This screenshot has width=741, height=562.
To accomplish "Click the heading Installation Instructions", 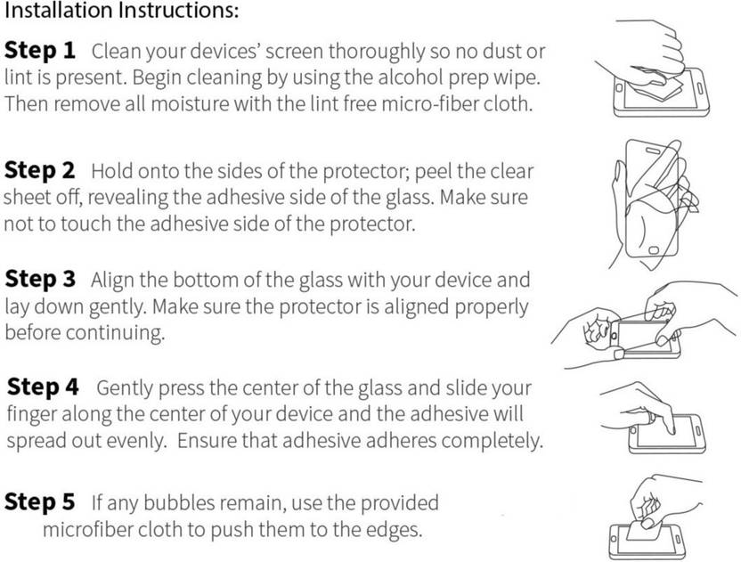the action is click(121, 11).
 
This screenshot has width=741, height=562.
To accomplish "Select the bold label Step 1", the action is click(40, 51).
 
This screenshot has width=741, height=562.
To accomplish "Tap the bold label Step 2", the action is click(40, 171).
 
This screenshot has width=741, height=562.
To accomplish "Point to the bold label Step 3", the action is click(40, 279).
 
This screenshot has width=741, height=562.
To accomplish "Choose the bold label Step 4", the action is click(43, 387).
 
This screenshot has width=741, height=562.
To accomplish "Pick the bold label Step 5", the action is click(40, 502).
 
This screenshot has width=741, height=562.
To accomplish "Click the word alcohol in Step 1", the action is click(411, 77).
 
